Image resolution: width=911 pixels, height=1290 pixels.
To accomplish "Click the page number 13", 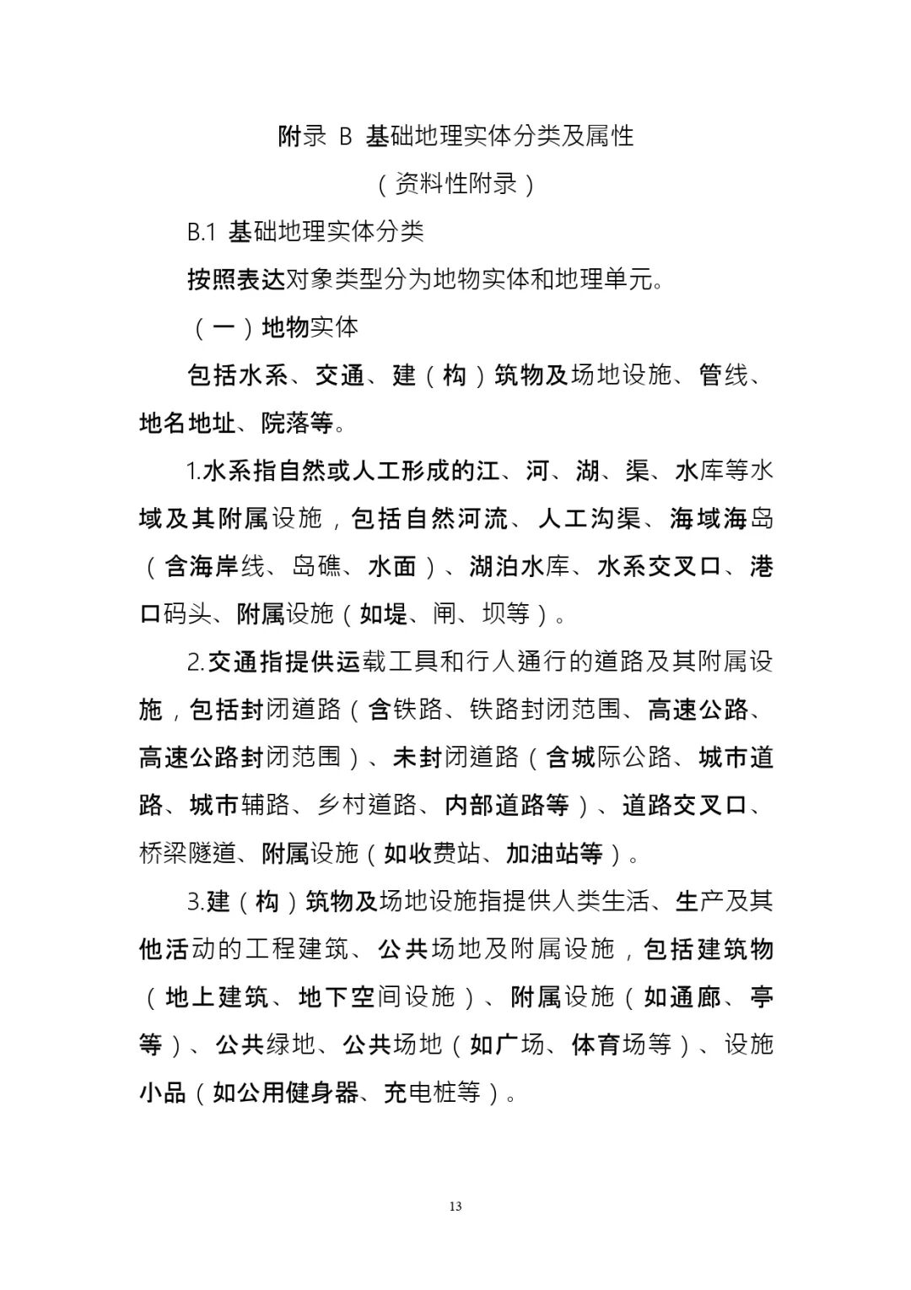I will [455, 1206].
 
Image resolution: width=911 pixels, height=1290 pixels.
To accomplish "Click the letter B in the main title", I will [345, 136].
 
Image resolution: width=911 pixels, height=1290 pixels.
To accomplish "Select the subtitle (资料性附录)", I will [455, 184].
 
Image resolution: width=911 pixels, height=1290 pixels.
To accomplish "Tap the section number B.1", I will [202, 232].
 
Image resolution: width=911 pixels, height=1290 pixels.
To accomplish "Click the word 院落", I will [285, 423].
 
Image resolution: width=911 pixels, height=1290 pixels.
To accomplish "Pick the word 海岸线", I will [214, 566].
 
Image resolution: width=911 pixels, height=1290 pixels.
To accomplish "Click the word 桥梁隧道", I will [187, 853].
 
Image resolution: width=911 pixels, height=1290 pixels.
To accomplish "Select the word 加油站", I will [542, 853].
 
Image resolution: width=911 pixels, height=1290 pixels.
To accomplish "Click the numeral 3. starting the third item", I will [195, 902].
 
